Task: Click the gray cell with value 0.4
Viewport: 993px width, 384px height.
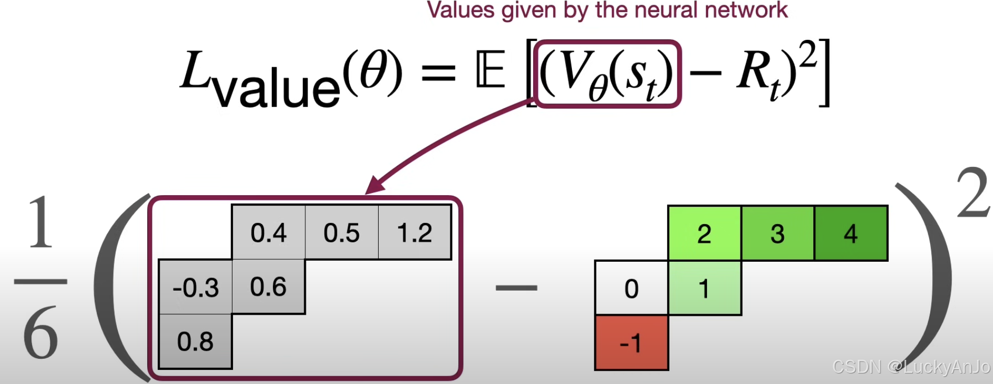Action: (268, 232)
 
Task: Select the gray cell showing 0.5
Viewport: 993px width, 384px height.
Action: (341, 232)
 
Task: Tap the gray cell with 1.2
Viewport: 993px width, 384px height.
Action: (414, 232)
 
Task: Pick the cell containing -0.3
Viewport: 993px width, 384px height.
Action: (195, 287)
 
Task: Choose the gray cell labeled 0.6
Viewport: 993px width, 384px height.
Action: (268, 287)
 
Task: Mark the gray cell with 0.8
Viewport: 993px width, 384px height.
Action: (195, 342)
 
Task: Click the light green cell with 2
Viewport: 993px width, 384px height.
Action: (704, 233)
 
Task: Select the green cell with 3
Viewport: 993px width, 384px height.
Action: (778, 233)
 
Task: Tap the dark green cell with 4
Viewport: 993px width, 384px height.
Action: (851, 233)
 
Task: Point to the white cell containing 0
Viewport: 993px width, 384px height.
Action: (632, 288)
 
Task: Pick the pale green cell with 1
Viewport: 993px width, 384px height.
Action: (704, 288)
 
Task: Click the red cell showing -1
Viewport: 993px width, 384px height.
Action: (632, 343)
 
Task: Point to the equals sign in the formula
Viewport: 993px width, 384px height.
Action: (438, 72)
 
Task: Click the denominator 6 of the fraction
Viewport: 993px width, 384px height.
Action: (40, 333)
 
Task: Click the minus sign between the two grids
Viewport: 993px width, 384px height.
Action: (516, 287)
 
